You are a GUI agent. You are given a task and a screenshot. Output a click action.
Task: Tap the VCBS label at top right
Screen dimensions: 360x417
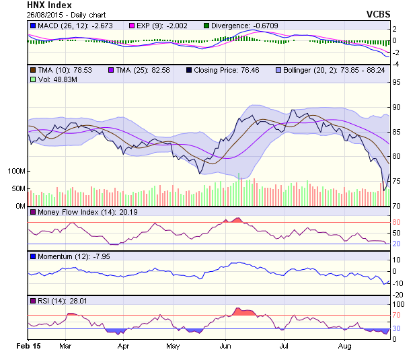pyautogui.click(x=378, y=13)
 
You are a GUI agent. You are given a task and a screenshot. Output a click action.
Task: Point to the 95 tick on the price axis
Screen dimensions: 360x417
pyautogui.click(x=397, y=82)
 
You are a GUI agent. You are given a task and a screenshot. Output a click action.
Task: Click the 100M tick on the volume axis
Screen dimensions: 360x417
pyautogui.click(x=16, y=171)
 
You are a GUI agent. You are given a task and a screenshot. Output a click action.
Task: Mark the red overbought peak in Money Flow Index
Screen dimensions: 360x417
pyautogui.click(x=235, y=219)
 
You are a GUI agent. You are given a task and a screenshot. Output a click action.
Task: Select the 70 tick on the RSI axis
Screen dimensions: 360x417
pyautogui.click(x=397, y=315)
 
